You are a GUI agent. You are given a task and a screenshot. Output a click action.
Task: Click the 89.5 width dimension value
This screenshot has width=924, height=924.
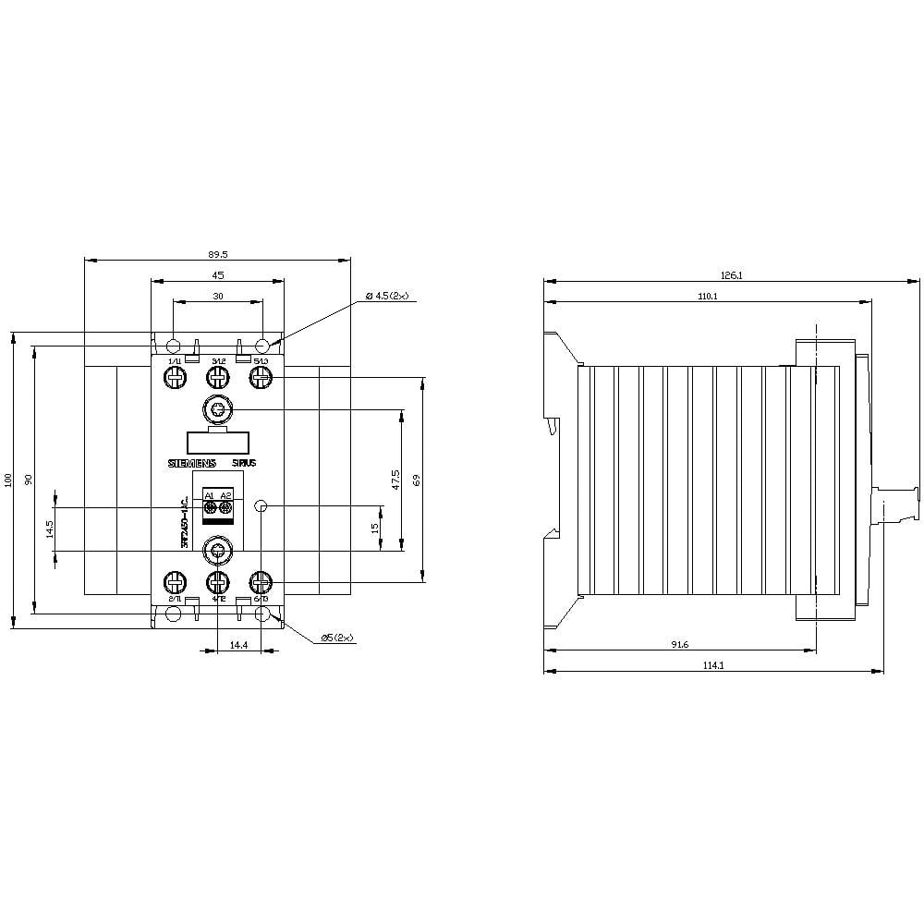click(217, 253)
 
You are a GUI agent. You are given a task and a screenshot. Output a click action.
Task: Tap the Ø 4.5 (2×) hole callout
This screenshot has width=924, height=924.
click(387, 296)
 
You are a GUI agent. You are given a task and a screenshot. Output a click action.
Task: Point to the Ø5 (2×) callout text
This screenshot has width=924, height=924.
click(337, 638)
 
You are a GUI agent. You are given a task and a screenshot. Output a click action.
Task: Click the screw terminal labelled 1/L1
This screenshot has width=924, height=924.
click(175, 377)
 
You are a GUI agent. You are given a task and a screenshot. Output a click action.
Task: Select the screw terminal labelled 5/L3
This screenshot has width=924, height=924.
click(261, 377)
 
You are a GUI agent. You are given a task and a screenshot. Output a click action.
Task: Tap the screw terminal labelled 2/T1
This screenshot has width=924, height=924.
click(175, 582)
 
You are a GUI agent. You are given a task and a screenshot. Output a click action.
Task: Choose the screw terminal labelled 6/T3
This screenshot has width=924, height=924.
click(261, 582)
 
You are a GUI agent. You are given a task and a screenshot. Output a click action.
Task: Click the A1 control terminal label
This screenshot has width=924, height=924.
click(209, 496)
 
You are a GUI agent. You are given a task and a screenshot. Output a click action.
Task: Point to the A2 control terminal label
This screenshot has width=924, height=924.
click(225, 496)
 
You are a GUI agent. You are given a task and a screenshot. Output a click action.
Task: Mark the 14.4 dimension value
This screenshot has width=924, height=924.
click(238, 645)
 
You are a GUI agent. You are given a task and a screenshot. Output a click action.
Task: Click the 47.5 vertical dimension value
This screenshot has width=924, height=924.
click(395, 480)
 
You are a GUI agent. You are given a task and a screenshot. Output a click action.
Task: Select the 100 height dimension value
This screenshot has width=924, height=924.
click(8, 480)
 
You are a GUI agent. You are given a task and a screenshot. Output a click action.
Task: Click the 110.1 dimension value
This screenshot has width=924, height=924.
click(708, 296)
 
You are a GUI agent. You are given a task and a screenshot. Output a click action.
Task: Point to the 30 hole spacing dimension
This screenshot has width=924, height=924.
click(218, 297)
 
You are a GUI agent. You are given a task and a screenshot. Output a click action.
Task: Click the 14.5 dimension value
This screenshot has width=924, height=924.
click(49, 529)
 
